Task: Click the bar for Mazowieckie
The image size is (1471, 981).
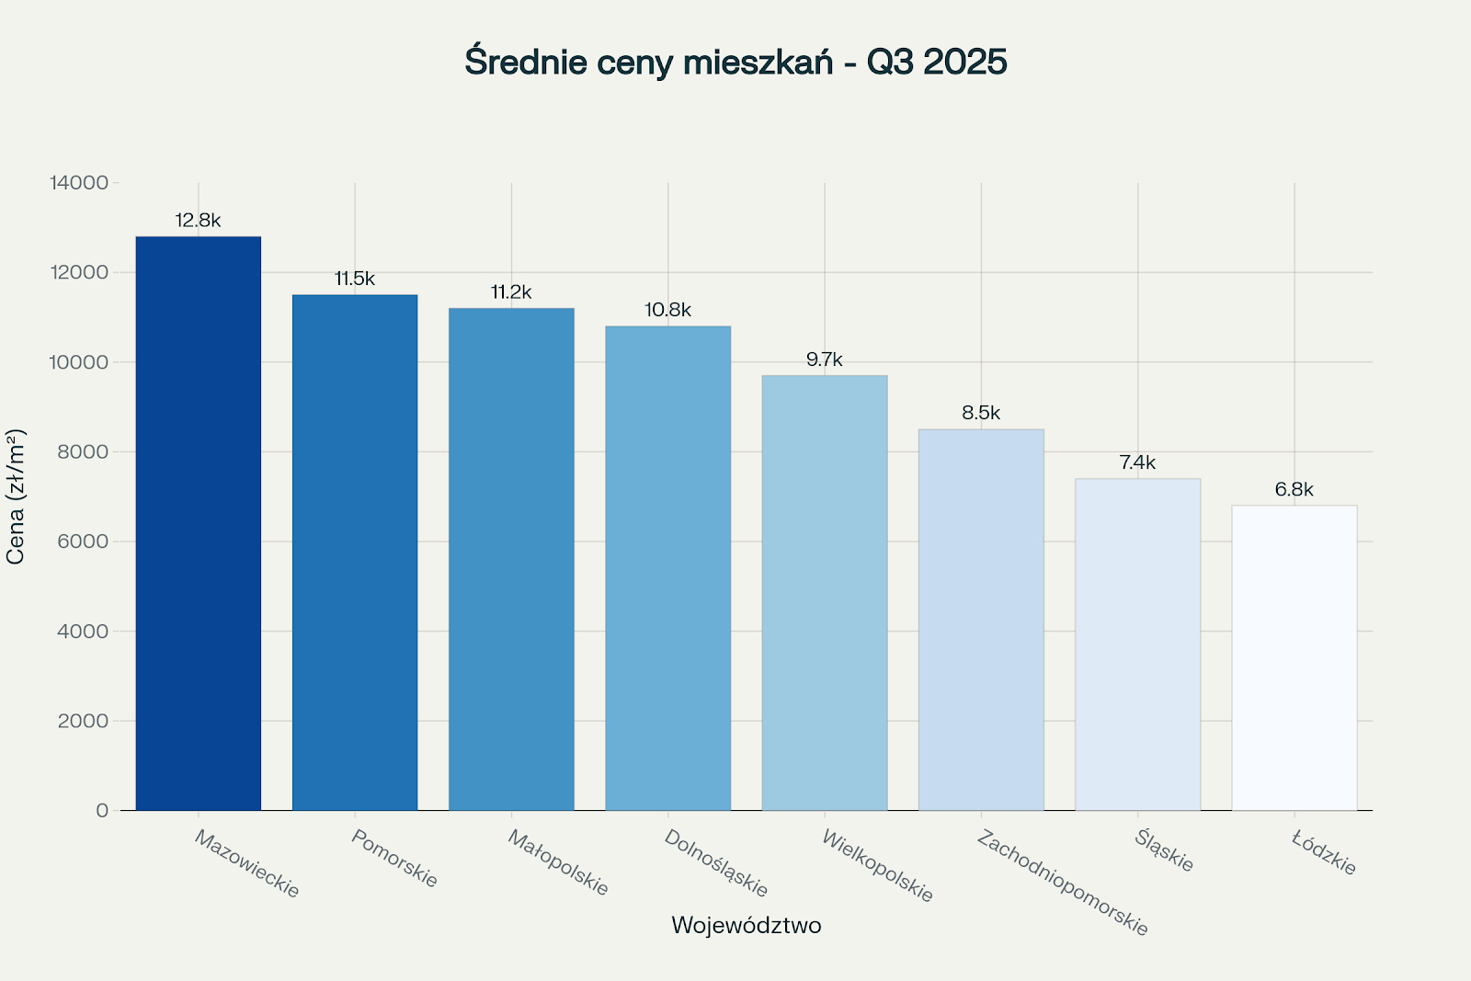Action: [199, 524]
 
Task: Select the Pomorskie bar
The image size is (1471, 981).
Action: [355, 552]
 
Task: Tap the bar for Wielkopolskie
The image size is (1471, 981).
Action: [825, 593]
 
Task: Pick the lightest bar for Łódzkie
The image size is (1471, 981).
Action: [1294, 657]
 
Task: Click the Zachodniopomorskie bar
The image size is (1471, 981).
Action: [981, 621]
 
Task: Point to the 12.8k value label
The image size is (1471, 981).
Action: [199, 221]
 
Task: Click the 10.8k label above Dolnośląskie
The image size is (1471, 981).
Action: [667, 310]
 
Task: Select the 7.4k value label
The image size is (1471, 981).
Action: [1137, 462]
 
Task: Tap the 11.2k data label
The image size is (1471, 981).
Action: [511, 292]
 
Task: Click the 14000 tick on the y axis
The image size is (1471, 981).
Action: [79, 183]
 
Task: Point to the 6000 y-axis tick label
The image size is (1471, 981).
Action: [84, 542]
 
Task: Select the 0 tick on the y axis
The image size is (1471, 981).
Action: [102, 811]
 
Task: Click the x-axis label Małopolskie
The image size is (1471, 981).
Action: [559, 862]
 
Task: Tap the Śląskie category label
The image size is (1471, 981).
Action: [1164, 850]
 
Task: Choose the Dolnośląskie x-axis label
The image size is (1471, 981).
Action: [715, 863]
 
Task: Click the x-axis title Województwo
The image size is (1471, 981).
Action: [746, 925]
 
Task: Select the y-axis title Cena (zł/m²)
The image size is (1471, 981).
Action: [16, 496]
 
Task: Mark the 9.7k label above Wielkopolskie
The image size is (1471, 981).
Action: [825, 359]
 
